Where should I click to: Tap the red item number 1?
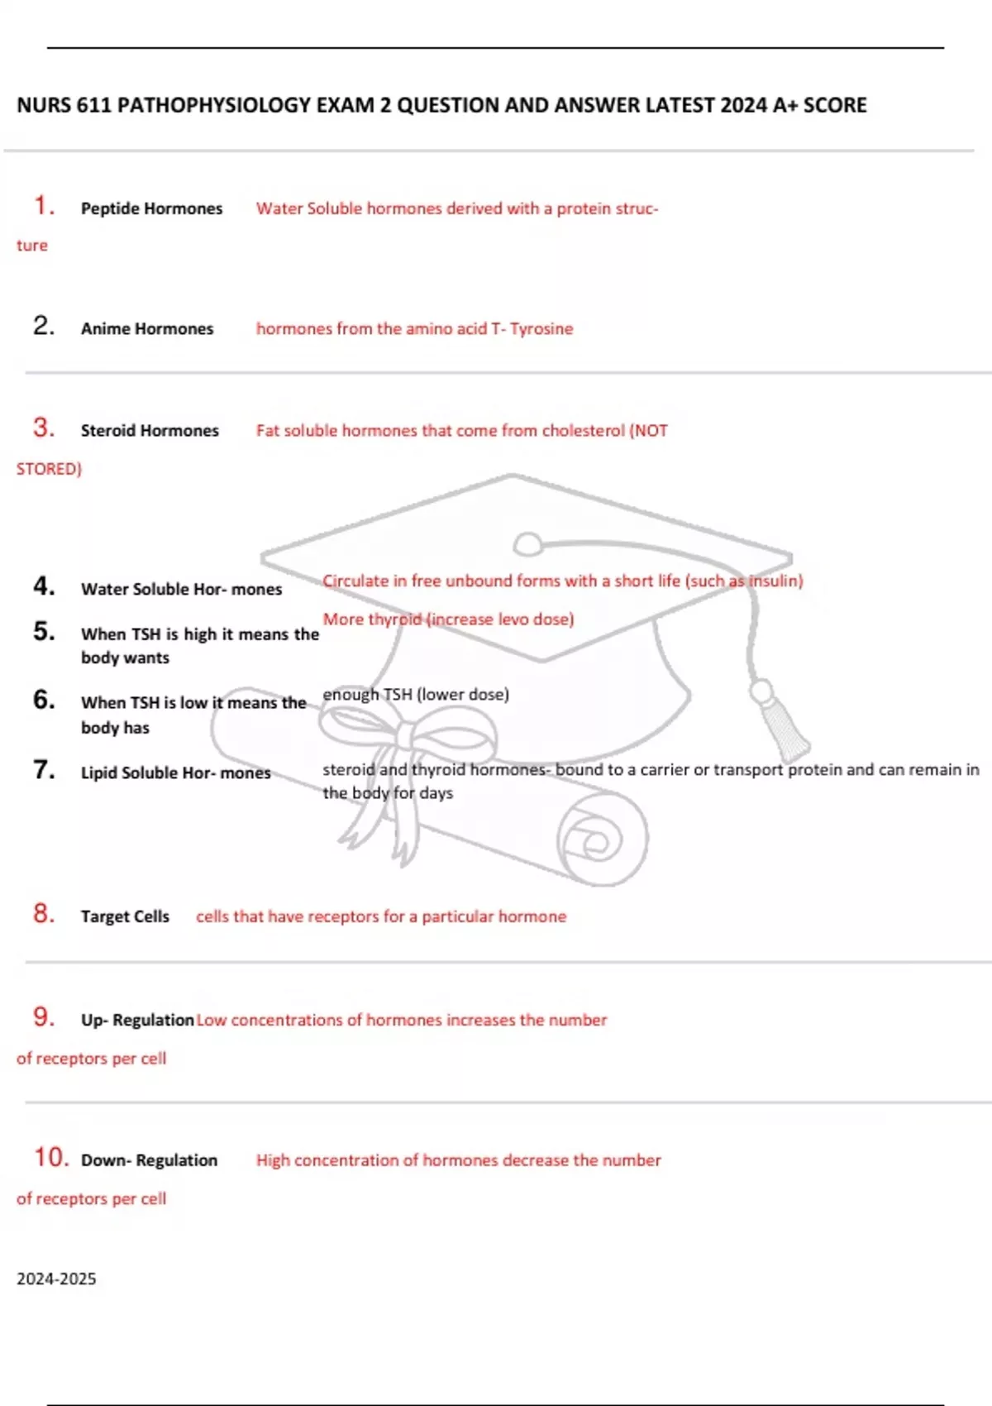(43, 206)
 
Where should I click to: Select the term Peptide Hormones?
(152, 209)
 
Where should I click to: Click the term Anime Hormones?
(147, 329)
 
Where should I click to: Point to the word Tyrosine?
(541, 329)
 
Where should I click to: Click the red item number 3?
(44, 428)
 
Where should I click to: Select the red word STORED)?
(49, 470)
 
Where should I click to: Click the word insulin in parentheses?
(775, 581)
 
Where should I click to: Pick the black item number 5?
(44, 631)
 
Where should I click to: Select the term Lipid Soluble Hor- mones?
(176, 772)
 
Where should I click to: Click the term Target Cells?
(126, 917)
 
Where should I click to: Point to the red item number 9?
(44, 1017)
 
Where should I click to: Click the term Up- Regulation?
(137, 1021)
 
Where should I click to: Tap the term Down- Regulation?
(150, 1160)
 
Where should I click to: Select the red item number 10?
(51, 1158)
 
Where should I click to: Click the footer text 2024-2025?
(56, 1279)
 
